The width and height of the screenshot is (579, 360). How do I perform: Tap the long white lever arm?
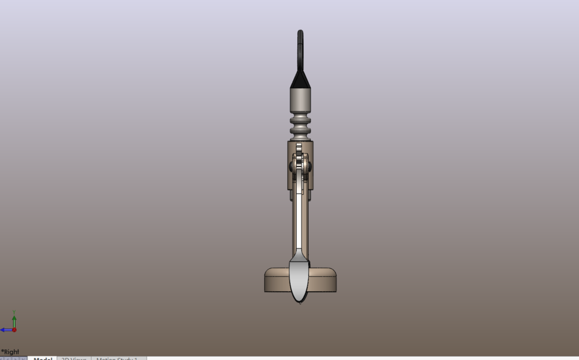(x=300, y=217)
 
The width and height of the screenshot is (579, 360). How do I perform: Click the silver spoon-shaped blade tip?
(x=300, y=279)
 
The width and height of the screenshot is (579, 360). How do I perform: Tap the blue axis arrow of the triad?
(x=5, y=330)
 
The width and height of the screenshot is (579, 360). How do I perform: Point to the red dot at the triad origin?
(x=14, y=330)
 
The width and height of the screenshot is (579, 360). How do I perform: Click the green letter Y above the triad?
(x=14, y=313)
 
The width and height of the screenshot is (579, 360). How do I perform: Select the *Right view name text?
(x=10, y=352)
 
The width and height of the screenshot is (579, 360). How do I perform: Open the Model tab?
(x=42, y=358)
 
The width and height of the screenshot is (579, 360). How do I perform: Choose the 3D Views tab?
(x=74, y=358)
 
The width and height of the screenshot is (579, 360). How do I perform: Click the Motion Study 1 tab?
(x=118, y=358)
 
